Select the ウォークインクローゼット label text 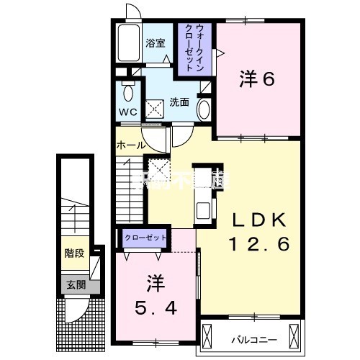point(193,46)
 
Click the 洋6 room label point(257,80)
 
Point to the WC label point(127,112)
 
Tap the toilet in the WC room point(128,92)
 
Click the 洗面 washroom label point(179,102)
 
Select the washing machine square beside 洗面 point(154,109)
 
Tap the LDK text point(258,220)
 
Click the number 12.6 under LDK point(258,245)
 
